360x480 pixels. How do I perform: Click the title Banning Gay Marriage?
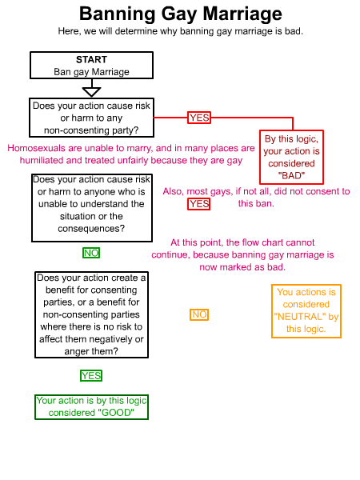181,14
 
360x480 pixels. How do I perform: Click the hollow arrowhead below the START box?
91,92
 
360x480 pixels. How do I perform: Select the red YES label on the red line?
199,118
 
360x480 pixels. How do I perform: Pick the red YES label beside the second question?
199,204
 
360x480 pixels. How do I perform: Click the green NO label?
91,253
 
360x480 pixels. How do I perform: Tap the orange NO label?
199,314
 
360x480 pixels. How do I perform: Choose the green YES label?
91,376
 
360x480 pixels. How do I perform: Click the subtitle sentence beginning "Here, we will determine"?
181,31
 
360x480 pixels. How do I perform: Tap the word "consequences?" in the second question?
91,229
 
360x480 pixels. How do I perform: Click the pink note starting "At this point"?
242,254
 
